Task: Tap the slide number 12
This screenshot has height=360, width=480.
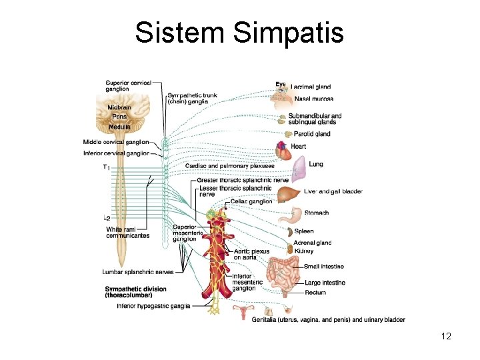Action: coord(446,336)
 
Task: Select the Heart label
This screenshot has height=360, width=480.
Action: coord(298,146)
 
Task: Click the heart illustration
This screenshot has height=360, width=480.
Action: coord(283,151)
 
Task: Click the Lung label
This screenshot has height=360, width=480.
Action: coord(316,164)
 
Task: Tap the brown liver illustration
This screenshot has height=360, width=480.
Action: coord(288,195)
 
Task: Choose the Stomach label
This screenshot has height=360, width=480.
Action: coord(316,213)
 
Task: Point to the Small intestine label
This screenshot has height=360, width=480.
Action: coord(324,267)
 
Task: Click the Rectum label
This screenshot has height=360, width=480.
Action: coord(315,293)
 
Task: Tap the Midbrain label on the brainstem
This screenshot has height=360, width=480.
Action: coord(121,107)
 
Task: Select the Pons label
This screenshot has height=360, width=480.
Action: coord(119,116)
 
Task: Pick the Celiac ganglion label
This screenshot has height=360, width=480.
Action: coord(251,201)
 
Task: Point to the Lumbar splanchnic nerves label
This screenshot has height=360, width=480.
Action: coord(138,272)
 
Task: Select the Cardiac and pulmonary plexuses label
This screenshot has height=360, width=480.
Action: coord(225,166)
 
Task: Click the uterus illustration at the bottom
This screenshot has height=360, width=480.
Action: coord(239,311)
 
